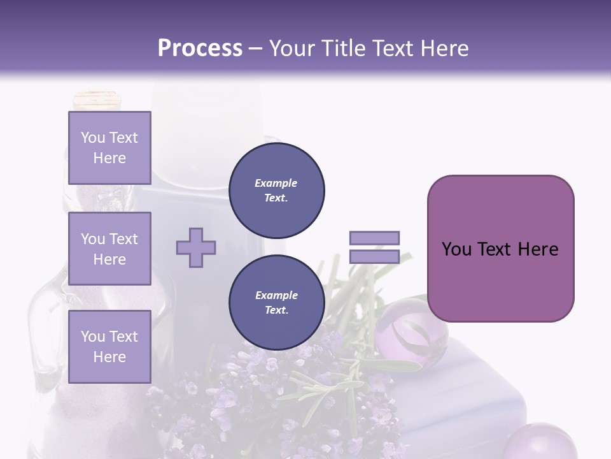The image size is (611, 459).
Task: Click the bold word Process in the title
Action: (200, 48)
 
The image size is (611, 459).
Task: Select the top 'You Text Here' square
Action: (109, 148)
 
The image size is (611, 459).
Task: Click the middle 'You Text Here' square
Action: (109, 249)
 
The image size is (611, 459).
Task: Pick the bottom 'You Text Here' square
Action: (109, 346)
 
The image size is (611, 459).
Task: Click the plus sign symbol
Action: (196, 247)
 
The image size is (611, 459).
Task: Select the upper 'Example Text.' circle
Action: (276, 191)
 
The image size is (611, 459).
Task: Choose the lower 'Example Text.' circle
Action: (276, 303)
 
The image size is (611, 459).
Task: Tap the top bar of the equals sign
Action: (374, 238)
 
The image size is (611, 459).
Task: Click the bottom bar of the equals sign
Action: (374, 257)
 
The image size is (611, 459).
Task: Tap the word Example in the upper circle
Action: (276, 183)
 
